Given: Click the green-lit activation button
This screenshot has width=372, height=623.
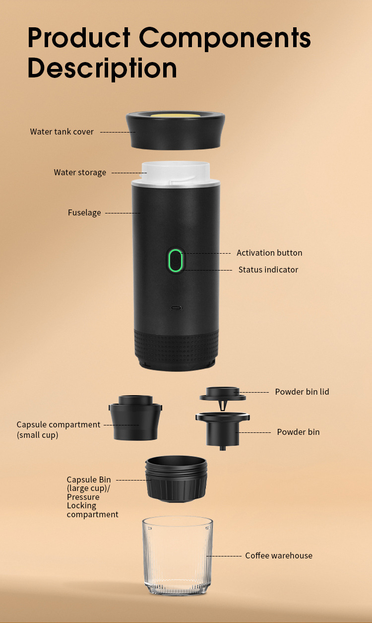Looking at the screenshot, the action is pyautogui.click(x=176, y=260).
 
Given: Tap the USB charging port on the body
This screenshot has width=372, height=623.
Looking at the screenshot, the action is pyautogui.click(x=176, y=308).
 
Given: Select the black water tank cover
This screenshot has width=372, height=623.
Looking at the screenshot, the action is pyautogui.click(x=175, y=130).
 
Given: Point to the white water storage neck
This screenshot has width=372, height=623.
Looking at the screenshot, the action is pyautogui.click(x=176, y=173).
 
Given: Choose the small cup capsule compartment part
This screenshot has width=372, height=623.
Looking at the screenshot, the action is pyautogui.click(x=135, y=418).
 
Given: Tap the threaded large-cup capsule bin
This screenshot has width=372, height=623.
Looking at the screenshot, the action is pyautogui.click(x=176, y=479).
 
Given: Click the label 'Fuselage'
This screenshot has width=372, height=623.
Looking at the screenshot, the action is pyautogui.click(x=84, y=213).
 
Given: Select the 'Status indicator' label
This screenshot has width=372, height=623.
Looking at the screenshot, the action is pyautogui.click(x=268, y=270).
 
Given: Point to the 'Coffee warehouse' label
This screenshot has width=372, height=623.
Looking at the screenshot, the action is pyautogui.click(x=279, y=555).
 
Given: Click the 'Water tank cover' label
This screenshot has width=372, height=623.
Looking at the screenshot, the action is pyautogui.click(x=62, y=132).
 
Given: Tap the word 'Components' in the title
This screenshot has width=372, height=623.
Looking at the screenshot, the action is pyautogui.click(x=225, y=38).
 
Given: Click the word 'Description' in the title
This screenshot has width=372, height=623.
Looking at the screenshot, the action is pyautogui.click(x=102, y=69).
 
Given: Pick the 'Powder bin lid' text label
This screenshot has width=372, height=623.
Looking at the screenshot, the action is pyautogui.click(x=302, y=392).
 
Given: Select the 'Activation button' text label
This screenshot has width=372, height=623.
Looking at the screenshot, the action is pyautogui.click(x=269, y=253).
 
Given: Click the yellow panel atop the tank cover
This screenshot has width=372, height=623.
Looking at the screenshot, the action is pyautogui.click(x=175, y=115).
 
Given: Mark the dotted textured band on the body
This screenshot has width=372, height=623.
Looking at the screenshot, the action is pyautogui.click(x=176, y=345).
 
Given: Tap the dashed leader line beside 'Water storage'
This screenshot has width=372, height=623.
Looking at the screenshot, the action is pyautogui.click(x=129, y=173).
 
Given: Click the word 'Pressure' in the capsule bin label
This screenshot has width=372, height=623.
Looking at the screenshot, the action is pyautogui.click(x=83, y=497).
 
